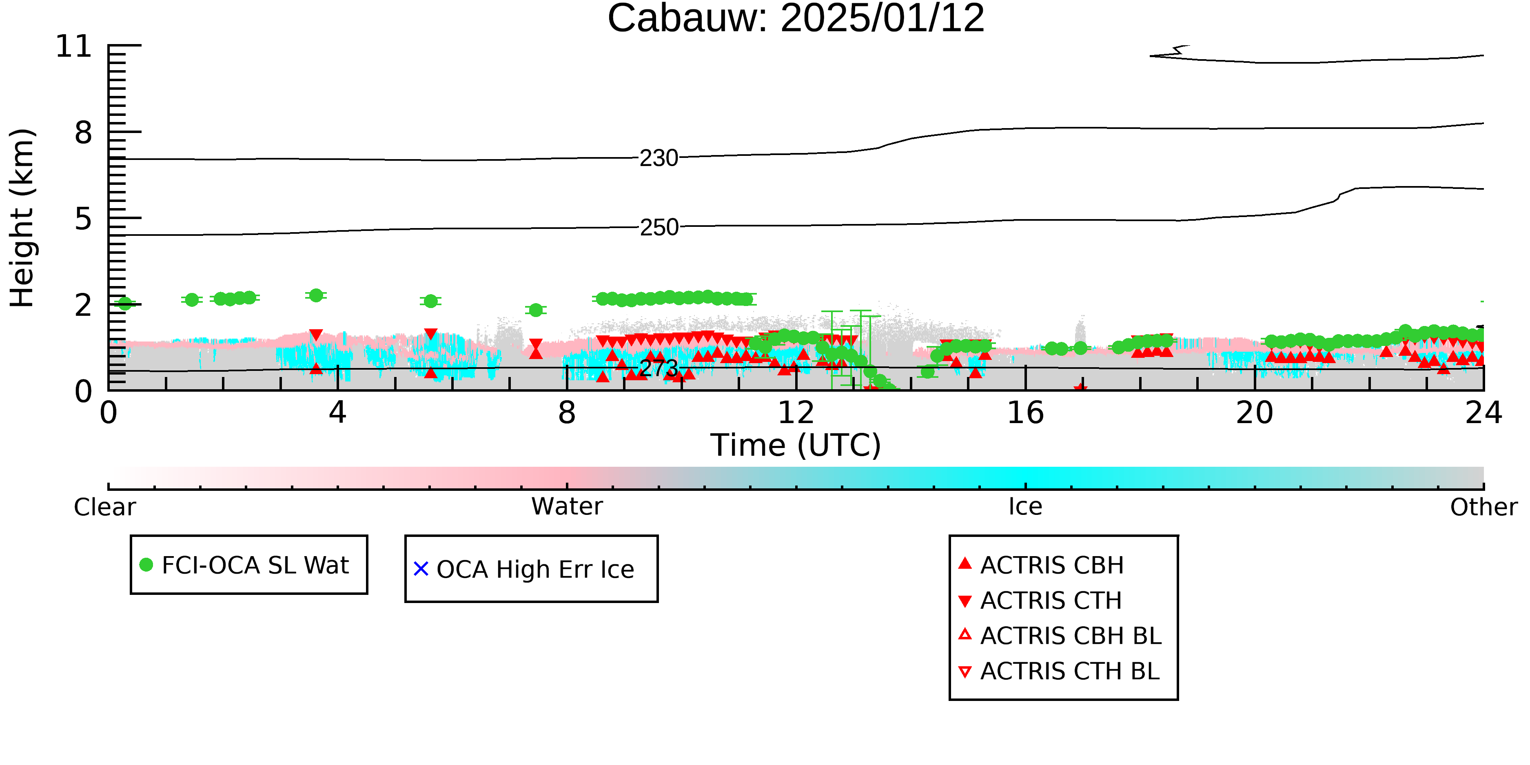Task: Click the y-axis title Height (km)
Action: pos(22,218)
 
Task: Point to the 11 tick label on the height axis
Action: pos(74,47)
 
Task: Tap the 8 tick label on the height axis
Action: pos(84,133)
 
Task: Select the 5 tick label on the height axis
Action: pos(84,219)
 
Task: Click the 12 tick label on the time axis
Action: pos(796,413)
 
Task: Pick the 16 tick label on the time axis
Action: pos(1025,413)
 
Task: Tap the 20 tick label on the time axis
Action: pos(1255,413)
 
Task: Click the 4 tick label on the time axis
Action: pos(337,413)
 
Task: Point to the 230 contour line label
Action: pos(659,158)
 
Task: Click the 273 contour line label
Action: pos(659,368)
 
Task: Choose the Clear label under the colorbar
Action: pos(104,507)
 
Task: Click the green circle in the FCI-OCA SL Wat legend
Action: pos(146,565)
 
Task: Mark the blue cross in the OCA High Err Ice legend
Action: pos(421,569)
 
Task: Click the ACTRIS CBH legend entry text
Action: pos(1052,565)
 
